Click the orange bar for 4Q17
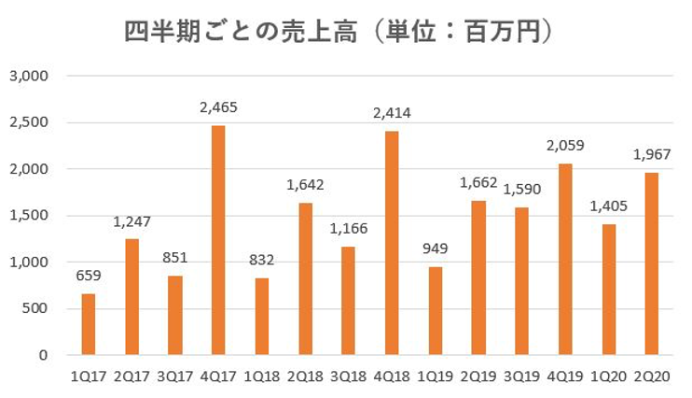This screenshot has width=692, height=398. coord(218,240)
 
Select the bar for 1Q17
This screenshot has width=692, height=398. coord(89,324)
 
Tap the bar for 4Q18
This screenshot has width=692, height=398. coord(392,243)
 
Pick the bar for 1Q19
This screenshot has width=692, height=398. coord(436,311)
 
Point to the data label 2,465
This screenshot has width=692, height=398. coord(218,107)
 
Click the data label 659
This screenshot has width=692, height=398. coord(89,277)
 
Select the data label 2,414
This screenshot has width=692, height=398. coord(392,113)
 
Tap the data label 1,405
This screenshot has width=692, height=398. coord(609,206)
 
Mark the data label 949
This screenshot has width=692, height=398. coord(436,249)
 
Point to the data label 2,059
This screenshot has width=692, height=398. coord(565,146)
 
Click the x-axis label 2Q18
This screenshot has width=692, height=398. coord(305,377)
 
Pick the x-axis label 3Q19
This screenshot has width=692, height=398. coord(522,377)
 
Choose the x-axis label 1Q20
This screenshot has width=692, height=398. coord(609,377)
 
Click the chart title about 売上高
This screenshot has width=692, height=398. coord(341,32)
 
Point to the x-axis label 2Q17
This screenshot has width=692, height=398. coord(131,377)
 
